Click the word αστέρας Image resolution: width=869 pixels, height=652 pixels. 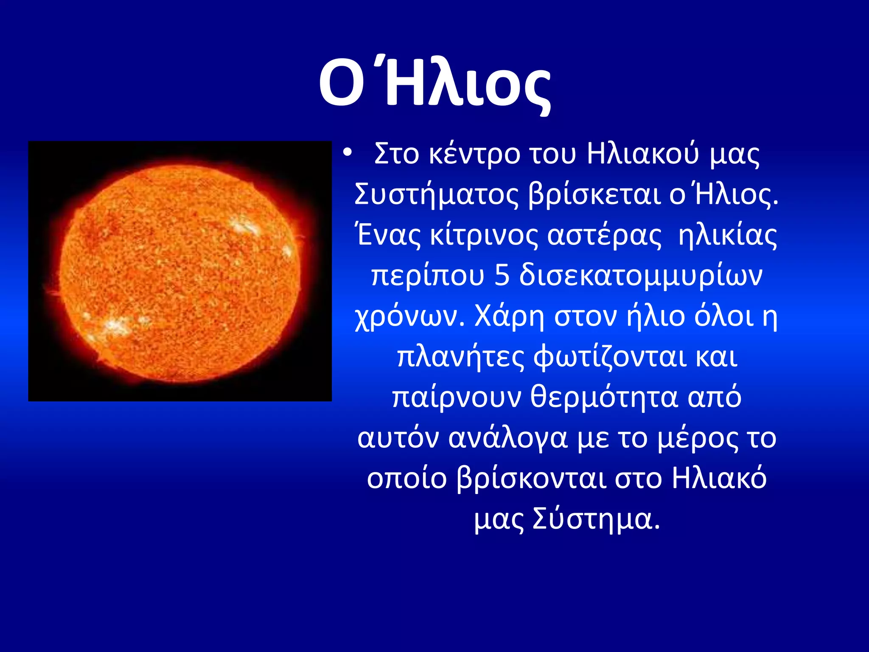(604, 236)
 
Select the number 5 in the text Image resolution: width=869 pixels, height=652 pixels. (502, 276)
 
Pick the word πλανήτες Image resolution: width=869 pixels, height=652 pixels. (461, 357)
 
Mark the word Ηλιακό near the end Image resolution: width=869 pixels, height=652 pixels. (719, 479)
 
